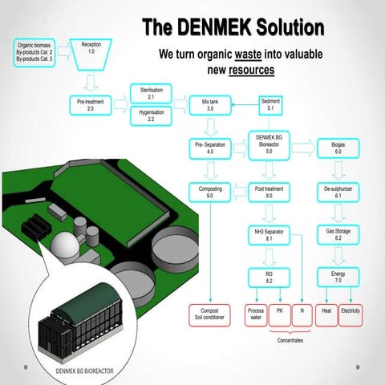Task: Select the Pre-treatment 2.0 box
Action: point(91,104)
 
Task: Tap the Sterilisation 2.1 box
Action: point(151,93)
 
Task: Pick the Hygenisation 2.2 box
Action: point(151,115)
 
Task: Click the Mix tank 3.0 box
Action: point(210,104)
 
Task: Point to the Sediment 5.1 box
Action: point(270,104)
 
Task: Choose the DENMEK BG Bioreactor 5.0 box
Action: point(269,144)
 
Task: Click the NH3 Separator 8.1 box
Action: point(269,234)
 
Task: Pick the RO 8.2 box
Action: point(269,278)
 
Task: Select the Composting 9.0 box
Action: point(210,192)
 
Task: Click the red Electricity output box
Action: point(351,314)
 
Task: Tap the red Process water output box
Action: point(255,314)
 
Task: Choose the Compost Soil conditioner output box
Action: point(210,314)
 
